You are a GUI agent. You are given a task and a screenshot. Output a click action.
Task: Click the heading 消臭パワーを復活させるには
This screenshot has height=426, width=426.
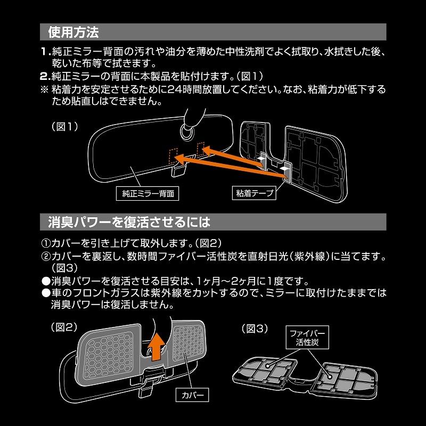(126, 220)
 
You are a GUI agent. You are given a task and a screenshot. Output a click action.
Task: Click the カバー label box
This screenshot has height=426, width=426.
(193, 395)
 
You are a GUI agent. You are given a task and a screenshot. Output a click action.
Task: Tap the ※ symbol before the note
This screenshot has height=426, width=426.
(45, 88)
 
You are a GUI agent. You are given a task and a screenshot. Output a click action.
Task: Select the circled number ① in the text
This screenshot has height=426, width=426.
(45, 243)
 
